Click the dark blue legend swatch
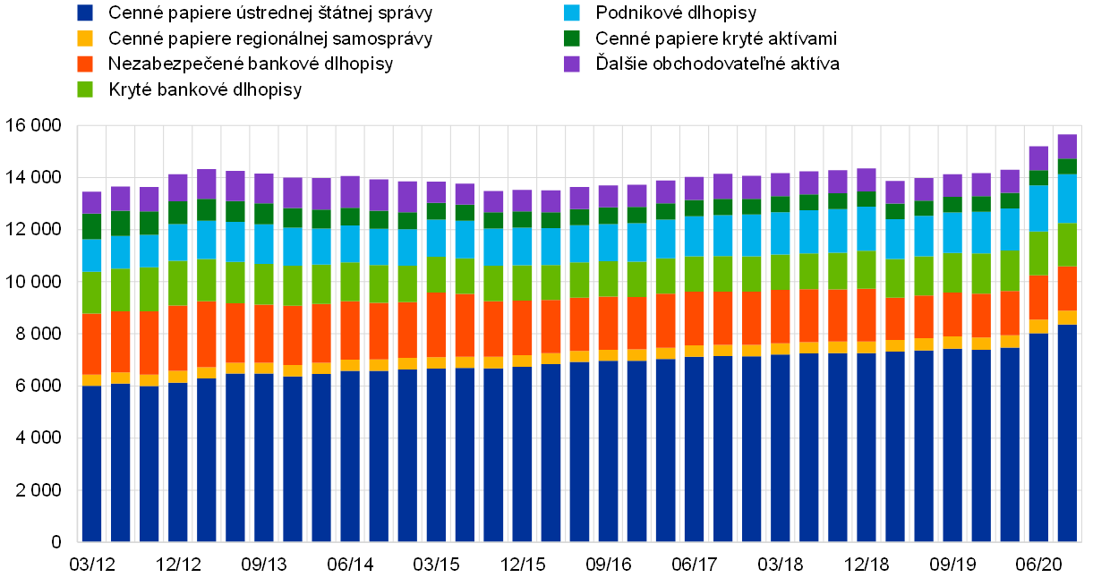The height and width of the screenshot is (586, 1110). [85, 13]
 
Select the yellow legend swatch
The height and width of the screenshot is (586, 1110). [85, 38]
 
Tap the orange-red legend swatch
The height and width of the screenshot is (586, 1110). [85, 64]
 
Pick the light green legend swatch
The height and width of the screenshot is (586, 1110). [85, 89]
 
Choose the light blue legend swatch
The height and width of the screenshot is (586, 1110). [572, 13]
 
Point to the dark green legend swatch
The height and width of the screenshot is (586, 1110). [572, 38]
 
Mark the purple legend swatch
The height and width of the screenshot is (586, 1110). [572, 64]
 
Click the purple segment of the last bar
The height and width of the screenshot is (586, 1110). [1067, 147]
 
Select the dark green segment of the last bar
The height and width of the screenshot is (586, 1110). [1067, 166]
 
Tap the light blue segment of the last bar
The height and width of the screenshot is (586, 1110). [1067, 199]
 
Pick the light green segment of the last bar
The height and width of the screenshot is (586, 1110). [1067, 244]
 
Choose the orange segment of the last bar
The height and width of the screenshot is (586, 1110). [1067, 288]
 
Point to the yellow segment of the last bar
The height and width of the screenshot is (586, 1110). [1067, 318]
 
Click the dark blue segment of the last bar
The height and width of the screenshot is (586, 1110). [1067, 434]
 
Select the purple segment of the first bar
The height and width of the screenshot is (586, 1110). [92, 202]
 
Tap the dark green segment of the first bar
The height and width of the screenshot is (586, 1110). [92, 226]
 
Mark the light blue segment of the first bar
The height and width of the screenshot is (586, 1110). [92, 255]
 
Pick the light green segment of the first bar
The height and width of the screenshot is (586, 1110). [92, 293]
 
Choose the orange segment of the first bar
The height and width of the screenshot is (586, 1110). [92, 344]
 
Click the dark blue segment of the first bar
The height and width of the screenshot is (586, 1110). [92, 463]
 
